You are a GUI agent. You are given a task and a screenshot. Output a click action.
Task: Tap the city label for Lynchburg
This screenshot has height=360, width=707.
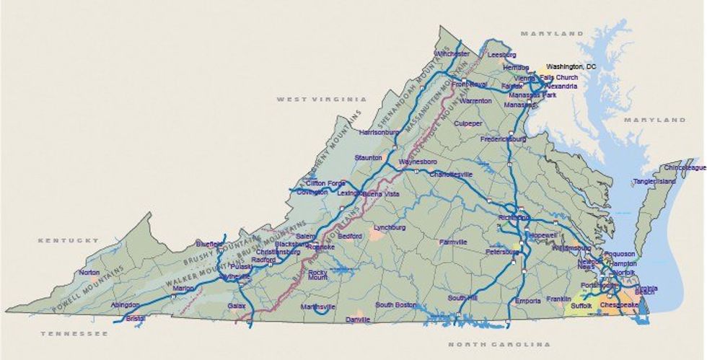click(x=390, y=228)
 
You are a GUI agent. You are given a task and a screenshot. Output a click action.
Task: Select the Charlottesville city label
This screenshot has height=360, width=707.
click(x=451, y=175)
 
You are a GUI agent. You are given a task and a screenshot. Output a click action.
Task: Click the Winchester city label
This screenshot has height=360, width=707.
click(x=452, y=54)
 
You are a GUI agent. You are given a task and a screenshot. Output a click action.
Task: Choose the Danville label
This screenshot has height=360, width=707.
click(x=358, y=319)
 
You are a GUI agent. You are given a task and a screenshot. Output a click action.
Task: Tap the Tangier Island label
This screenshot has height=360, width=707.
click(x=654, y=182)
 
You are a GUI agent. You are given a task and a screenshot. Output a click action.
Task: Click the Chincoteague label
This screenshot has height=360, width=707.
click(x=685, y=167)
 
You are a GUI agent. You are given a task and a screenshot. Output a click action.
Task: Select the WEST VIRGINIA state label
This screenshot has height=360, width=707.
click(x=322, y=99)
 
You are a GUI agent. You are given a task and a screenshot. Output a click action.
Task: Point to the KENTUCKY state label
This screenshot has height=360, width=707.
click(x=69, y=240)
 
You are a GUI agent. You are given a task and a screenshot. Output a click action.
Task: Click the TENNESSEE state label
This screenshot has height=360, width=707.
click(x=74, y=333)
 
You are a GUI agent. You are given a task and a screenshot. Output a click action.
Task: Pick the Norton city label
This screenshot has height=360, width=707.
click(x=89, y=273)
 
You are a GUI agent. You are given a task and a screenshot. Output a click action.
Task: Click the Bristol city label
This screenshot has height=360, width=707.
click(x=135, y=317)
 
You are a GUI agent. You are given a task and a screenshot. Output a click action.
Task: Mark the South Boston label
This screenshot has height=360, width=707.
click(x=396, y=305)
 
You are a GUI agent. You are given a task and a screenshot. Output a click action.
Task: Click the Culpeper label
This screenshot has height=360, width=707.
click(x=468, y=124)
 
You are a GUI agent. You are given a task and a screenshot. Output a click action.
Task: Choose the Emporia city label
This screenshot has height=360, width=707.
click(x=528, y=300)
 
